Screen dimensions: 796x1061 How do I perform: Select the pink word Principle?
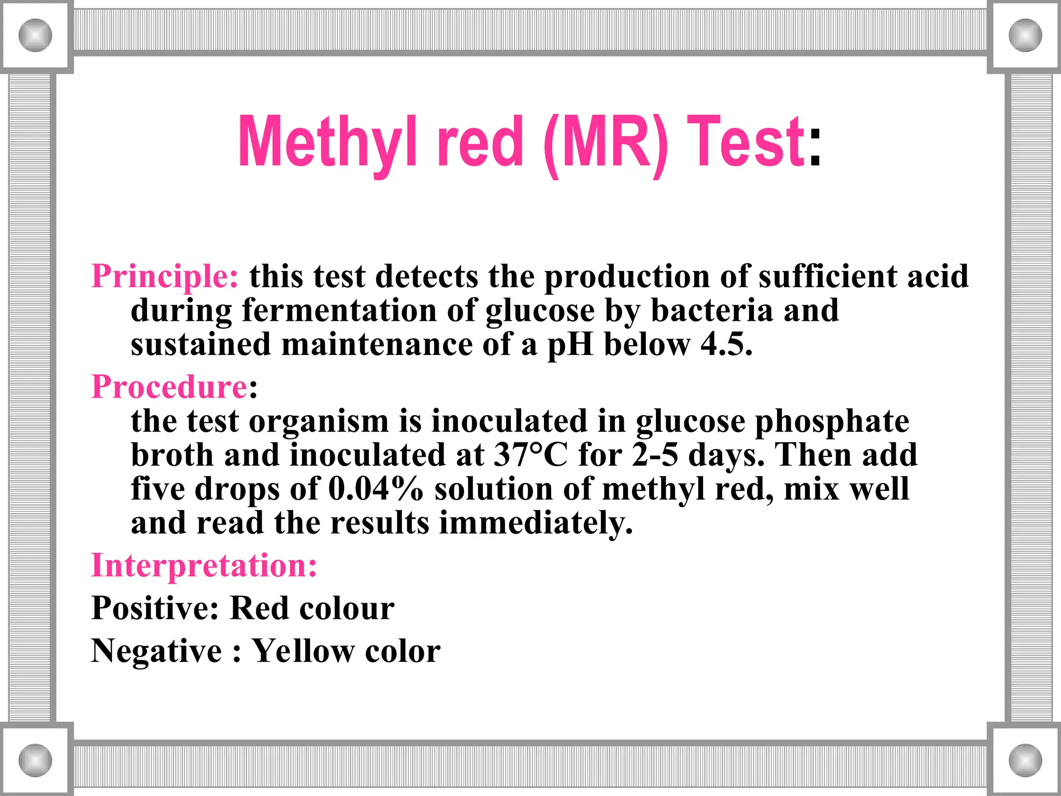click(165, 276)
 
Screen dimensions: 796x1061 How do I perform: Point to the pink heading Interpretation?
click(204, 565)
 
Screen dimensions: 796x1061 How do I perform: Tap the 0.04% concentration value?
click(376, 489)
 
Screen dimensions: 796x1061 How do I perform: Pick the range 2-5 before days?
click(654, 455)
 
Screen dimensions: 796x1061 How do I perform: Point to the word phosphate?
click(831, 421)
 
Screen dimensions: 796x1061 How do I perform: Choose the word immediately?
click(536, 523)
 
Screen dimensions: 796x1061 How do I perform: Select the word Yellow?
click(303, 651)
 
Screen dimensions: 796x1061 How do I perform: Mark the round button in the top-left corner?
click(35, 35)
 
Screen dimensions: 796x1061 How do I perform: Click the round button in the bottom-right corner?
click(1025, 760)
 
